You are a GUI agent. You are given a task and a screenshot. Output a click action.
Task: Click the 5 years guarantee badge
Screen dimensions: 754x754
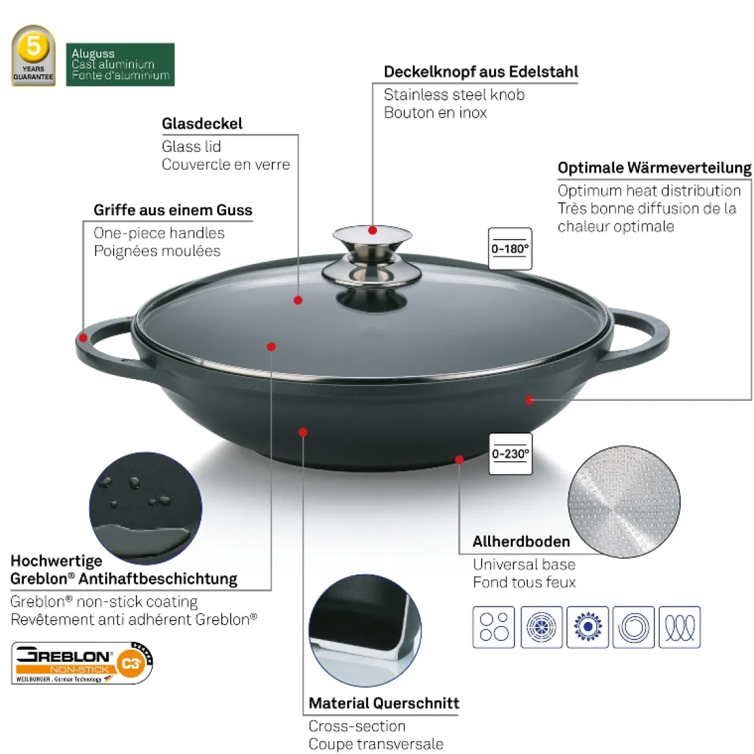33,56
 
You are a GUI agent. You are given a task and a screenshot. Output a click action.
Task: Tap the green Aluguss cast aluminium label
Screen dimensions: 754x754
120,64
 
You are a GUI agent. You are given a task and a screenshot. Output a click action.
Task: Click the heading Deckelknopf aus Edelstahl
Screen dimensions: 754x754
480,71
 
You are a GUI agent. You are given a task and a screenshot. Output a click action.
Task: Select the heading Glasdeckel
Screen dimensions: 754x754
202,123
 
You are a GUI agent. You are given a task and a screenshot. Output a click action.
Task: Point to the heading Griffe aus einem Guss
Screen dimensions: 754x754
173,210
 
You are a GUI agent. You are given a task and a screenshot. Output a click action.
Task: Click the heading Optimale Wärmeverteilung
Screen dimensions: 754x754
655,168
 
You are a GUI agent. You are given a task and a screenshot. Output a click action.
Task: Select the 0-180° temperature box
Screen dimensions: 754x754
510,248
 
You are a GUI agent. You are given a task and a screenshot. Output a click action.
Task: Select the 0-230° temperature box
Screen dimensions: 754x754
510,454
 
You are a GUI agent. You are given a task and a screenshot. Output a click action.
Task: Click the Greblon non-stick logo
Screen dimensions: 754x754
82,662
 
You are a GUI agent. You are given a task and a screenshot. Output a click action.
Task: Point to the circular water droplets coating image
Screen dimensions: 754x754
146,508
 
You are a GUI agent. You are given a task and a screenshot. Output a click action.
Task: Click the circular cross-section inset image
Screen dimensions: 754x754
365,630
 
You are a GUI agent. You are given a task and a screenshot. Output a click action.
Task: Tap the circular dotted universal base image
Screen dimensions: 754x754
624,502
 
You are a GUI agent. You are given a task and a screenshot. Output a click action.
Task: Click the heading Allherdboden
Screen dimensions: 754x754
521,541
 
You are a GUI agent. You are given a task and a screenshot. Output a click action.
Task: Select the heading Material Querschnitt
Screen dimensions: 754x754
383,703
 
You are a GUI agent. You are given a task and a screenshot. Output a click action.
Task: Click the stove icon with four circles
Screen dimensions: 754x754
493,627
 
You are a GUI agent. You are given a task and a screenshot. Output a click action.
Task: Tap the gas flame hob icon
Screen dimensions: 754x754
587,627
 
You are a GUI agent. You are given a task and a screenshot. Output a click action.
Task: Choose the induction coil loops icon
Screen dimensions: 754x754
679,627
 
